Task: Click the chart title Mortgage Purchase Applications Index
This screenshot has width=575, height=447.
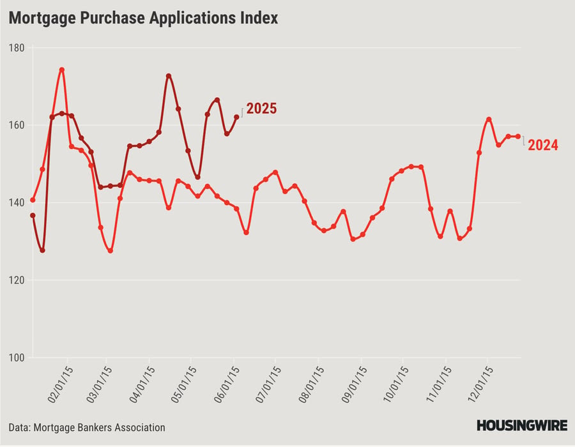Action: (143, 18)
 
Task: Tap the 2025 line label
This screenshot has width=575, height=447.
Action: (261, 109)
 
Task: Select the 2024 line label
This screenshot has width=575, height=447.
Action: (542, 146)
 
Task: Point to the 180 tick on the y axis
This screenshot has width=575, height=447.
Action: (16, 48)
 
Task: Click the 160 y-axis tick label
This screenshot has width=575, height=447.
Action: (16, 125)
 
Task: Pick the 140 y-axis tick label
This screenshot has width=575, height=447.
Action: (16, 202)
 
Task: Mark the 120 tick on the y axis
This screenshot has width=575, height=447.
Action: (16, 280)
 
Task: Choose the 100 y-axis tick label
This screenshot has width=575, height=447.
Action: (16, 358)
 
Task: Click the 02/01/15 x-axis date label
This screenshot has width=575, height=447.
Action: (61, 383)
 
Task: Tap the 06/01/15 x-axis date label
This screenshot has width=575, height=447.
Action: (231, 383)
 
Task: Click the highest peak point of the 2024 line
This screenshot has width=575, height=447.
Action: (61, 70)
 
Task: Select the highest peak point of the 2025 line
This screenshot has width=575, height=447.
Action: (169, 76)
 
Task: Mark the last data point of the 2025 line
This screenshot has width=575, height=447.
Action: (236, 117)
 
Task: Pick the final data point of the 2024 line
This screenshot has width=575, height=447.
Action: (517, 136)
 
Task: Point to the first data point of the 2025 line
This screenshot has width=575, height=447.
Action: (33, 215)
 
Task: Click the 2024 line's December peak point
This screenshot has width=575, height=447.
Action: (488, 119)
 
